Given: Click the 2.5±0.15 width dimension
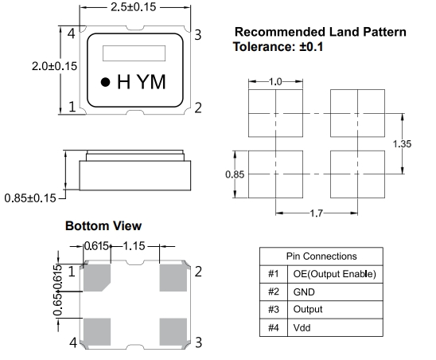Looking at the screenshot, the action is (x=134, y=7).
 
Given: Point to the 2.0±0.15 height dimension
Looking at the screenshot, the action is (x=54, y=66).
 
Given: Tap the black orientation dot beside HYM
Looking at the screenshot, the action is (x=105, y=82).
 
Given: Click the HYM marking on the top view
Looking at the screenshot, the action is (x=142, y=82).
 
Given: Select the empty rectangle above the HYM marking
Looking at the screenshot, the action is (x=134, y=53).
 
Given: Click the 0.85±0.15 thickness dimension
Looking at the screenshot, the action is (x=30, y=198).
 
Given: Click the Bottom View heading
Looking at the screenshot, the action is (x=103, y=226).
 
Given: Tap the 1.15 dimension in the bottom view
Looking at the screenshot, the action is (x=134, y=246).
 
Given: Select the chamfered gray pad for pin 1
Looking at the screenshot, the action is (x=96, y=277).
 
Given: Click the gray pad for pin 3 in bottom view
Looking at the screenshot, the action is (x=173, y=332).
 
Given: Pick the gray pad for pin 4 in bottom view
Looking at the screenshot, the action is (x=97, y=332).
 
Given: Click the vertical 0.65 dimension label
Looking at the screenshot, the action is (x=57, y=305).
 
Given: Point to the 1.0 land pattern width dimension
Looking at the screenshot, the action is (x=275, y=82).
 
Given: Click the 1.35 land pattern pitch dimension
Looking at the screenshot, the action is (x=402, y=144).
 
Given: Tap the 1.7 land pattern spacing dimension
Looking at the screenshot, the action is (x=316, y=213).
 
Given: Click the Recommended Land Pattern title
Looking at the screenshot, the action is (x=321, y=32).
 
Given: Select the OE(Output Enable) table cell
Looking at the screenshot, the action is (x=335, y=274).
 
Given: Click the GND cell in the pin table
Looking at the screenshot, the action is (x=335, y=292).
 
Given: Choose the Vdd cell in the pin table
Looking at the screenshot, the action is (x=335, y=327).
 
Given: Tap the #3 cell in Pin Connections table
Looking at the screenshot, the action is (x=274, y=310).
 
